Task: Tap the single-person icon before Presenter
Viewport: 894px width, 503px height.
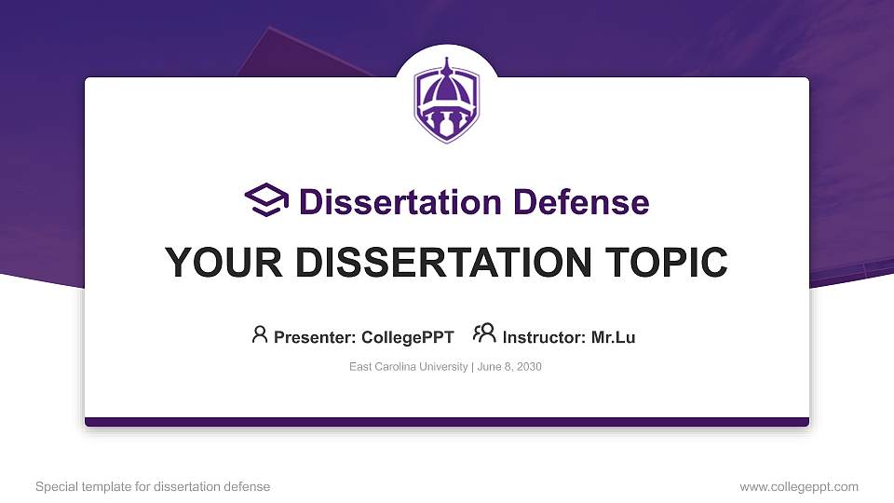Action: point(260,334)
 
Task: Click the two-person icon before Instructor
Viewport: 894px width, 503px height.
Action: point(484,334)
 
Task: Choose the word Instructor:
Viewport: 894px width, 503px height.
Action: point(544,337)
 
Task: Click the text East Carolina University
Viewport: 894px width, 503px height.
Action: point(409,367)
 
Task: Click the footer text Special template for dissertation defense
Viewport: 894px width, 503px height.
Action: point(153,486)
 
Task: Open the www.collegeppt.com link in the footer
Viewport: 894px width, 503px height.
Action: point(799,486)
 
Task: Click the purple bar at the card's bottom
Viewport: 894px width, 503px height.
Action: point(447,422)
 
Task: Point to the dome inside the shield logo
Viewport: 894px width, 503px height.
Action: point(447,90)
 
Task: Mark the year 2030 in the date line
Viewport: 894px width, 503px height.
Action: point(529,367)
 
